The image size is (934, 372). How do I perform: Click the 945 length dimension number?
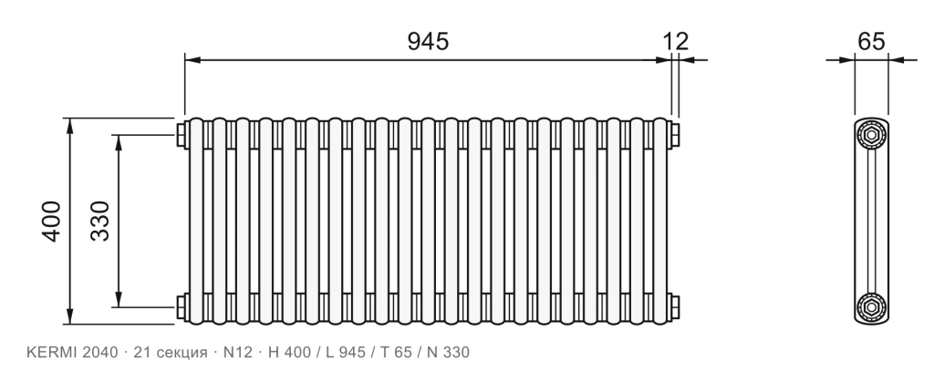pyautogui.click(x=428, y=41)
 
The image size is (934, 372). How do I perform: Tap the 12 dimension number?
pyautogui.click(x=676, y=41)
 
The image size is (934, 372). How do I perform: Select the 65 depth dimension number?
pyautogui.click(x=871, y=41)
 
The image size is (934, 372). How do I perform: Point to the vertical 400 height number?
pyautogui.click(x=51, y=222)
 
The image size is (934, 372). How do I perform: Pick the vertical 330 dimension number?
pyautogui.click(x=100, y=222)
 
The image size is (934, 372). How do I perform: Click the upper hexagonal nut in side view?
pyautogui.click(x=871, y=135)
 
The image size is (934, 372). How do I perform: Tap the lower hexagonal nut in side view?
pyautogui.click(x=871, y=307)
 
